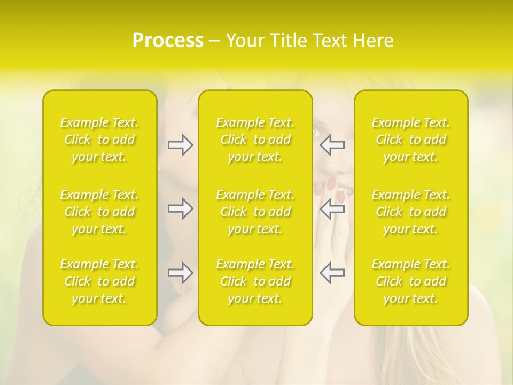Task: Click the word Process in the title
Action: coord(167,40)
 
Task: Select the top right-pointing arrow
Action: coord(181,145)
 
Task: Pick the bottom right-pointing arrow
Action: coord(181,273)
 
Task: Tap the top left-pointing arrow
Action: coord(332,145)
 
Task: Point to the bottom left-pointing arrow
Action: coord(332,273)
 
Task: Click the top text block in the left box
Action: coord(99,140)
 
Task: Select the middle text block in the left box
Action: coord(99,212)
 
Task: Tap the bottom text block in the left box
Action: coord(99,281)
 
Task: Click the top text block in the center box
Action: coord(255,140)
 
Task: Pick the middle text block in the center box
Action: coord(255,212)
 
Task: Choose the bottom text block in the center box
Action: coord(255,281)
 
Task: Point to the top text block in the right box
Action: coord(411,140)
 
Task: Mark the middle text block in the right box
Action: coord(411,212)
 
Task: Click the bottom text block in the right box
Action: coord(411,281)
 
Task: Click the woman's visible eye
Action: coord(316,131)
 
